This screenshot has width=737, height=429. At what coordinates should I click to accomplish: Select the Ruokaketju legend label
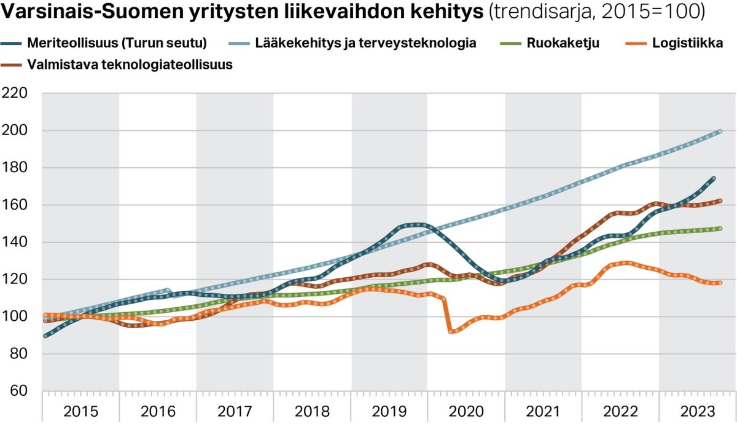[x=563, y=44]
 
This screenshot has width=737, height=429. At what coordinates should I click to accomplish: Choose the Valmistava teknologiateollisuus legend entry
[x=130, y=65]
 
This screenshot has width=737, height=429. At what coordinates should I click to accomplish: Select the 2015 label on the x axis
[x=80, y=411]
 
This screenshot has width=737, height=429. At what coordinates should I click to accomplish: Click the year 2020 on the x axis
[x=466, y=411]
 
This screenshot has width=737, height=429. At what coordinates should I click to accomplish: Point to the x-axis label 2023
[x=697, y=411]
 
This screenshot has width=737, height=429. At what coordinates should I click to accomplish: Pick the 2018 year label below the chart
[x=311, y=411]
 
